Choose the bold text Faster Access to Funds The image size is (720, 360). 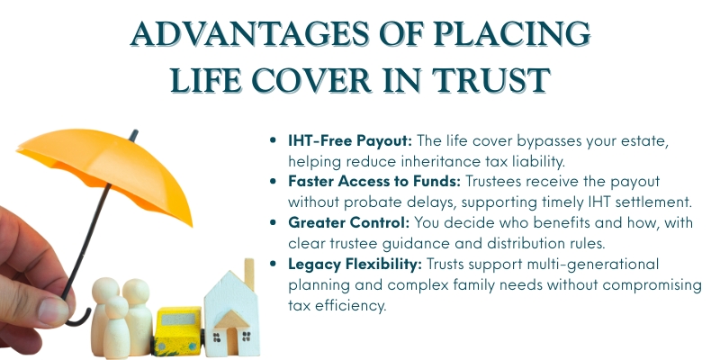(x=371, y=180)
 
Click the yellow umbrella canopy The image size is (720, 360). (x=81, y=162)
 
